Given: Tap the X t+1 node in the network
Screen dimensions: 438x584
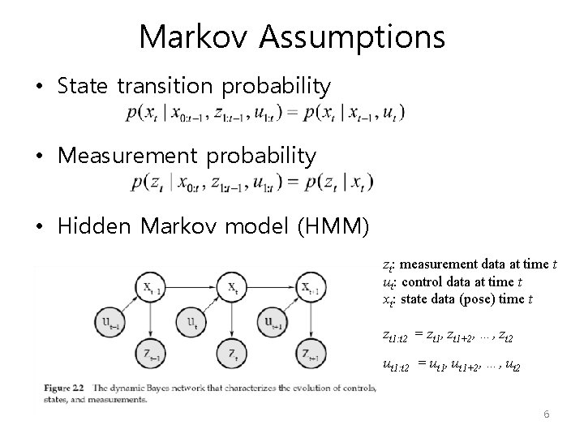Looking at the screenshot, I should pyautogui.click(x=311, y=289).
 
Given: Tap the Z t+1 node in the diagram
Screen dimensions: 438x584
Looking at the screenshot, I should pyautogui.click(x=311, y=355).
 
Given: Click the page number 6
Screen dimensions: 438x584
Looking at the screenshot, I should pyautogui.click(x=546, y=414).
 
